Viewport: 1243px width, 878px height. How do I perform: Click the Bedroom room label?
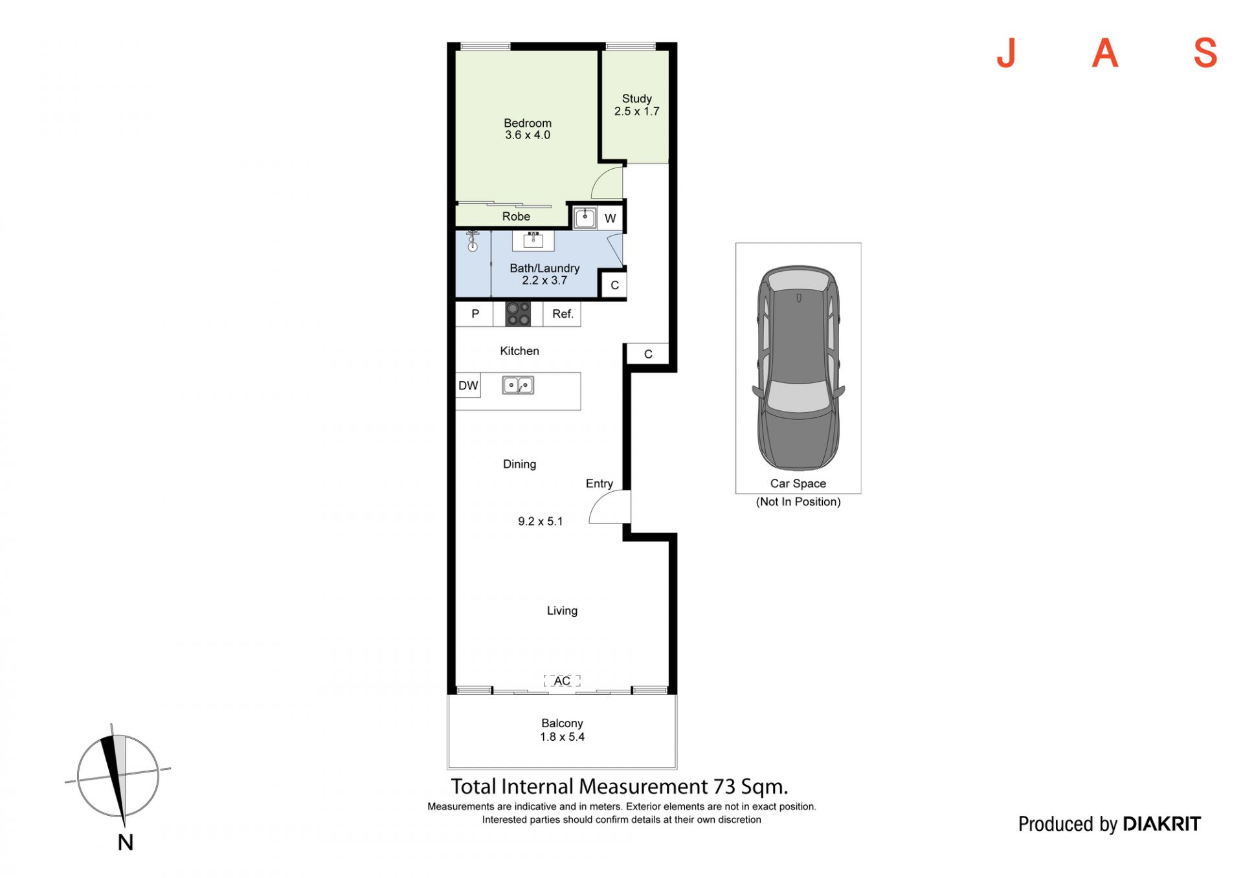[528, 123]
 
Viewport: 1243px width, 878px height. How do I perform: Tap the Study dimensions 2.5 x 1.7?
[637, 111]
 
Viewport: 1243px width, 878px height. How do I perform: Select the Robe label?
[516, 216]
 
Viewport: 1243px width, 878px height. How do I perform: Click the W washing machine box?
[610, 218]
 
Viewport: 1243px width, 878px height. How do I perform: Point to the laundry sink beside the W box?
[585, 217]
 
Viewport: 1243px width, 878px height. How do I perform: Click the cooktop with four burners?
[518, 314]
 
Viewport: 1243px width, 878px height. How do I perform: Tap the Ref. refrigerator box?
[562, 314]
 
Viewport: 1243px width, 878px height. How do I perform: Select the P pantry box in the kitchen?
[475, 314]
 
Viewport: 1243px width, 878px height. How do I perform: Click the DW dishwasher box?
[468, 386]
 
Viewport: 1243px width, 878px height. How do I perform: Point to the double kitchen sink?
[518, 386]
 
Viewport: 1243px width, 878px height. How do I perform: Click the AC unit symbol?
[562, 681]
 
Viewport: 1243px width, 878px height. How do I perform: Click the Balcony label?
[562, 723]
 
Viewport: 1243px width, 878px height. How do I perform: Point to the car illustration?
[798, 368]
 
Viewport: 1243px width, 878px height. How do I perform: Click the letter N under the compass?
[126, 842]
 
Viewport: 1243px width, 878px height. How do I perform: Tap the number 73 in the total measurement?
[724, 787]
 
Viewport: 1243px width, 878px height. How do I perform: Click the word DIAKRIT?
[1162, 824]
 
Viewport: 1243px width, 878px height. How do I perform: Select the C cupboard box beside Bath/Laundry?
[614, 285]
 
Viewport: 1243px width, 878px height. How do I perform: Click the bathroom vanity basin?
[533, 240]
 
